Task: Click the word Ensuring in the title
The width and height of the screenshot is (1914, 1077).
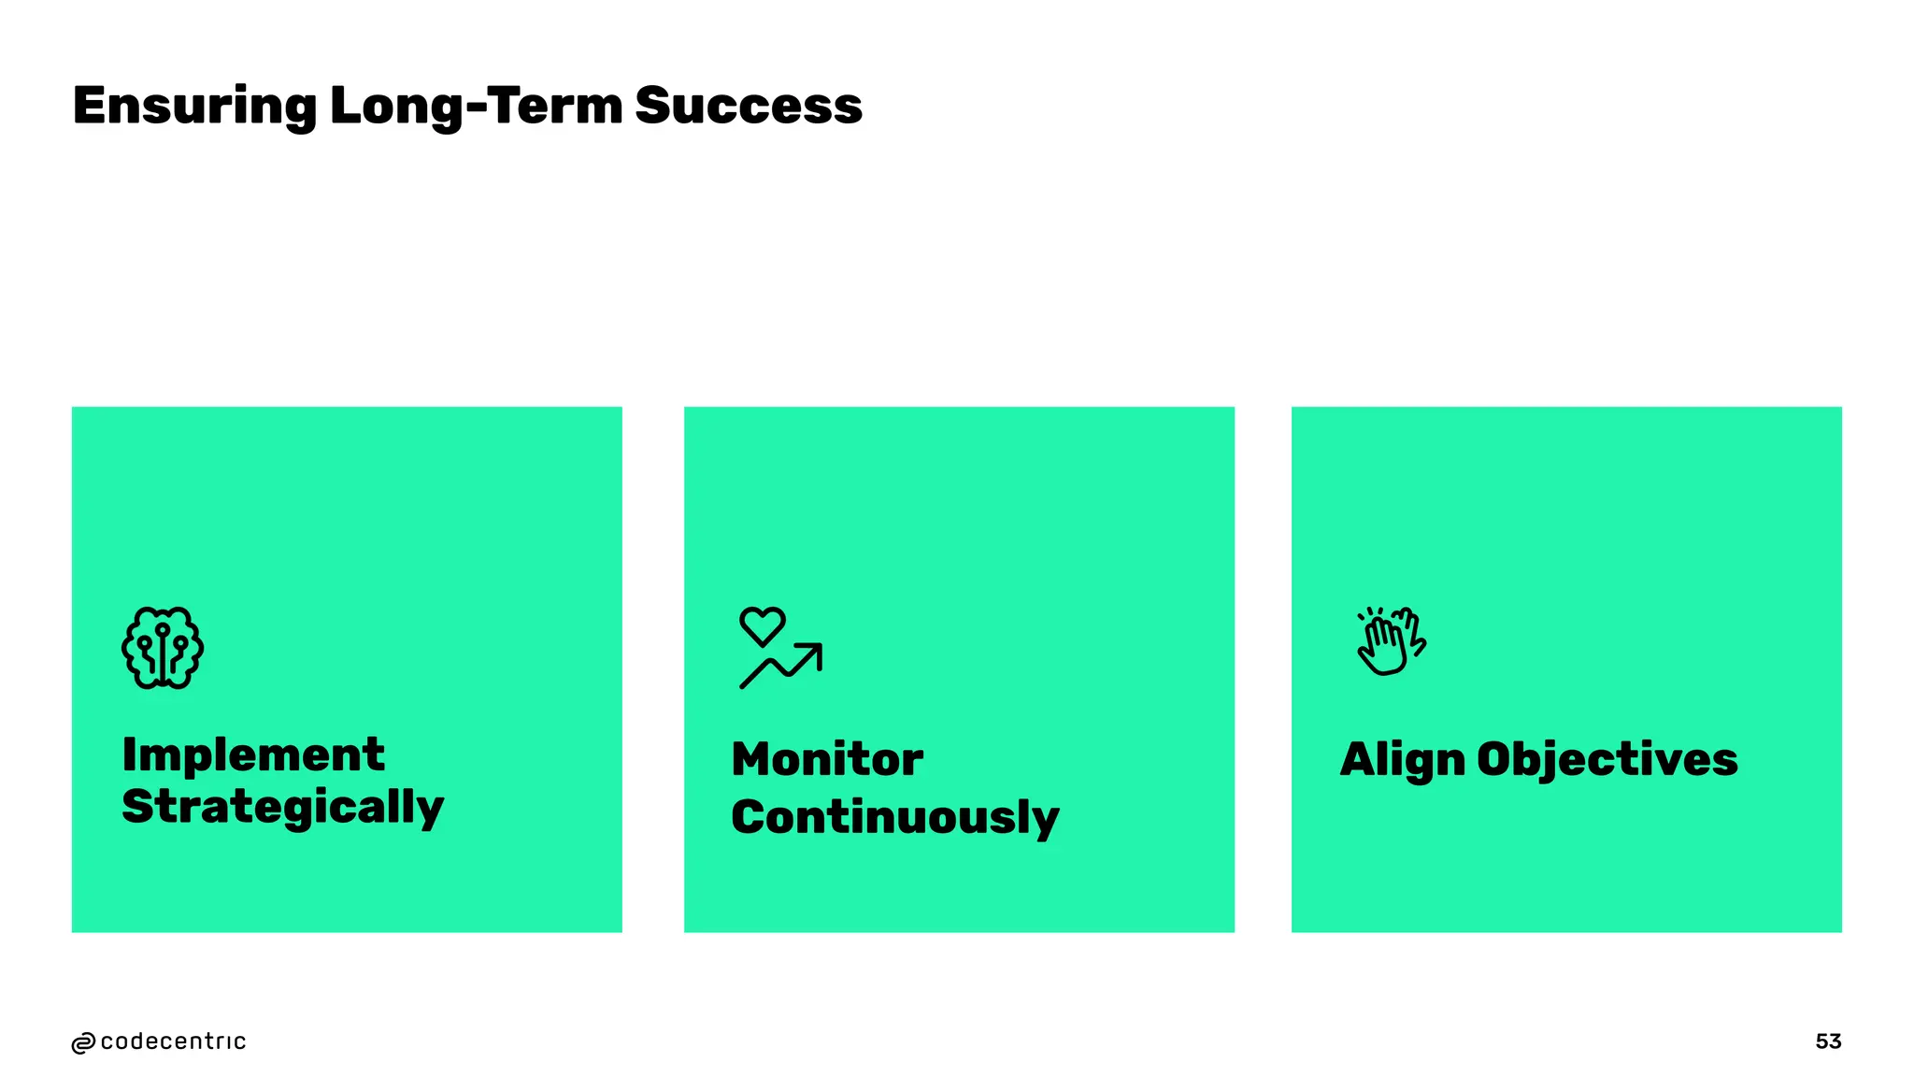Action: coord(194,106)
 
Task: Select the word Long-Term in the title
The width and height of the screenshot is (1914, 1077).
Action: coord(477,106)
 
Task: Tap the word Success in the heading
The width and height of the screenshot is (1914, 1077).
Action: coord(749,106)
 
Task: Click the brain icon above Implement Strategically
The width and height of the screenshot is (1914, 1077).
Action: coord(163,648)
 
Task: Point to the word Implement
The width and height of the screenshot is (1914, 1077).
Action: coord(253,754)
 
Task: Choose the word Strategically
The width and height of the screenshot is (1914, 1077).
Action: coord(282,807)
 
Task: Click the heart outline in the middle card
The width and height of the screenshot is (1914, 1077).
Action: coord(763,625)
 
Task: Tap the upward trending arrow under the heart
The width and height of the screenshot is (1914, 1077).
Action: coord(781,666)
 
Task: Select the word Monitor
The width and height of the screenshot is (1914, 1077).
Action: coord(827,759)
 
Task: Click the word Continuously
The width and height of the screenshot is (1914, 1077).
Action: coord(894,817)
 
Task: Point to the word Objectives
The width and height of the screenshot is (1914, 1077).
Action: coord(1607,759)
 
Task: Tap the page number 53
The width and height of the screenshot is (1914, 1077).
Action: coord(1828,1041)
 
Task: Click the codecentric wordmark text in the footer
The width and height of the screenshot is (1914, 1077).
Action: coord(173,1041)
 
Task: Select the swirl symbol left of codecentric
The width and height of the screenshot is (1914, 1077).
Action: coord(83,1043)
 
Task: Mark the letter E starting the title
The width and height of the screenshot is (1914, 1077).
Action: coord(92,106)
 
